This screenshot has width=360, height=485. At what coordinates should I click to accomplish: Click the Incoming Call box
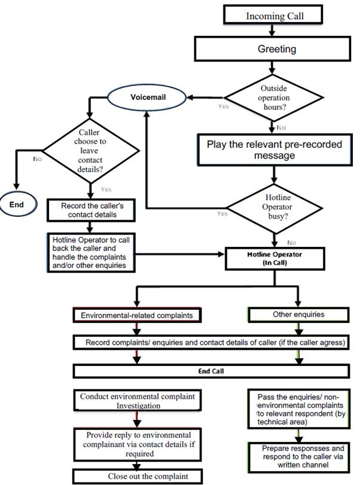tap(274, 16)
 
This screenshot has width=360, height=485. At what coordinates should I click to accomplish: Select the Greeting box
tap(276, 49)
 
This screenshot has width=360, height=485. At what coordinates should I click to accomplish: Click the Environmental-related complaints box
tap(136, 313)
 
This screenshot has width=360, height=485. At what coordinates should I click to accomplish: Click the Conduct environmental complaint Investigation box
tap(137, 401)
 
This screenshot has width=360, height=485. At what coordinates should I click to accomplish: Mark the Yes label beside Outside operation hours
tap(223, 107)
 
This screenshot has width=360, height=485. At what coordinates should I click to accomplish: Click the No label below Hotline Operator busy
tap(291, 243)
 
